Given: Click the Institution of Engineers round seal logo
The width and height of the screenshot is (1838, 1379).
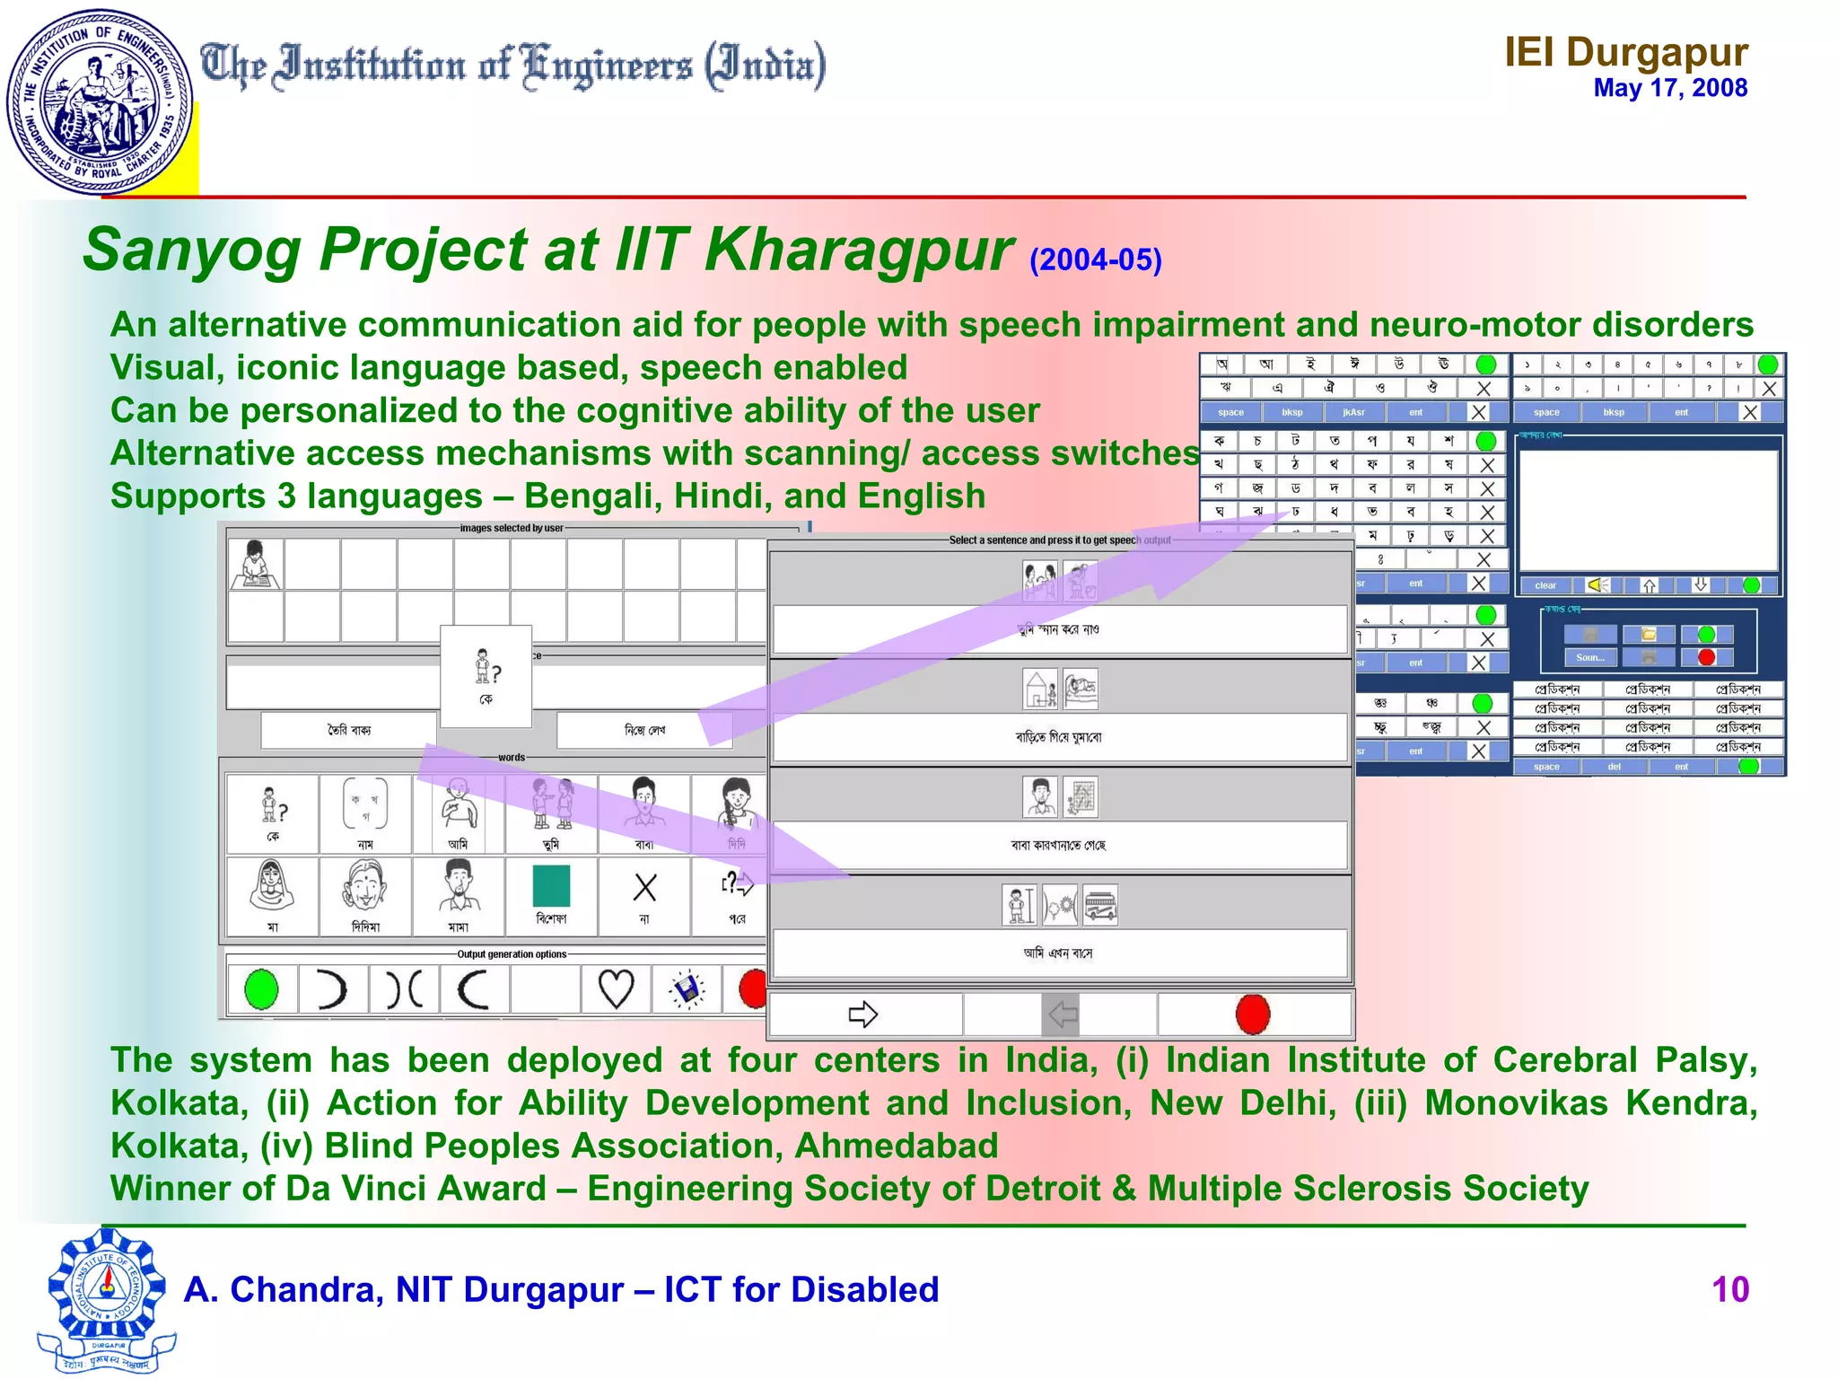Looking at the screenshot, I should point(99,101).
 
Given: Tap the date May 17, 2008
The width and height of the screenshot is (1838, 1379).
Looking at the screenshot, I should point(1669,88).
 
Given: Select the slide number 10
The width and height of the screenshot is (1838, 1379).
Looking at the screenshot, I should point(1729,1289).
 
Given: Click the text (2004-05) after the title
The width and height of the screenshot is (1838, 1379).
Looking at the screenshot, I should point(1095,260).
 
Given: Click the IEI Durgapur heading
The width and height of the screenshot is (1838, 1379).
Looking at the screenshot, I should point(1625,52).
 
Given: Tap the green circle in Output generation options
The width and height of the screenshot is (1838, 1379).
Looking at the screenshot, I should point(261,989).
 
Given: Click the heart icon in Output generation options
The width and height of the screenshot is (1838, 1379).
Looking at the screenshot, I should point(616,989).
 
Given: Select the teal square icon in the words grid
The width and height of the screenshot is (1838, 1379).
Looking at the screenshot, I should point(551,885).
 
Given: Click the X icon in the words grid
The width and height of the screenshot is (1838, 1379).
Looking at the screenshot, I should point(644,887).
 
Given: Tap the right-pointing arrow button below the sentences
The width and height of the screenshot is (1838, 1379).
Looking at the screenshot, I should point(863,1014).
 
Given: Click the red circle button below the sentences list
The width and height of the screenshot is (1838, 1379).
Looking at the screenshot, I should point(1253,1014).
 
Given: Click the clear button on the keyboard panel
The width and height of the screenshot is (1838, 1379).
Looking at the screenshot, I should point(1545,585).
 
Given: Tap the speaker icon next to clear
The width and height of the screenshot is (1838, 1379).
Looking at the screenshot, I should point(1597,585).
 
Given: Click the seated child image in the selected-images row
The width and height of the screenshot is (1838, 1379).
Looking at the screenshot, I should point(255,564).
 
